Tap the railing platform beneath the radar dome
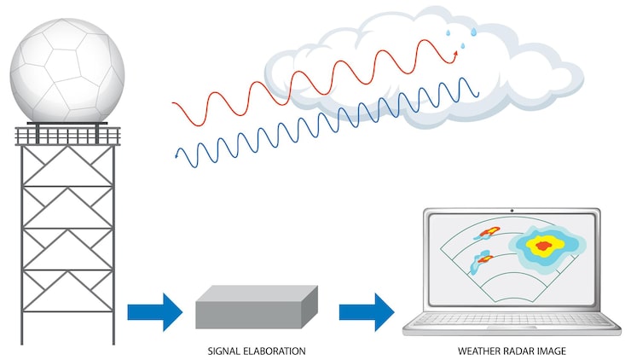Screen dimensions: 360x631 (x=67, y=135)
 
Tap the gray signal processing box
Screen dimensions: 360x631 (x=257, y=307)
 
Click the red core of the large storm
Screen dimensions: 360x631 (x=540, y=246)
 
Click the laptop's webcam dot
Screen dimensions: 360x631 (x=512, y=210)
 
